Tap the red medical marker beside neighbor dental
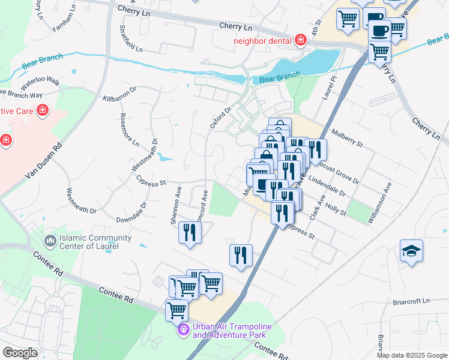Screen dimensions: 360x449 pos(301,41)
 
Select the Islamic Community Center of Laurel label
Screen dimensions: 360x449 pos(89,242)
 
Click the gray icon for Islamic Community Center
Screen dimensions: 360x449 pos(50,241)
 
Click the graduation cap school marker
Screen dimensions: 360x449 pos(412,250)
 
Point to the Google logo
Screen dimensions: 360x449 pos(20,352)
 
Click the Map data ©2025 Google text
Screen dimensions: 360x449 pos(411,355)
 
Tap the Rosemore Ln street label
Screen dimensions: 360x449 pos(129,130)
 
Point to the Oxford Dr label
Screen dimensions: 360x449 pos(220,118)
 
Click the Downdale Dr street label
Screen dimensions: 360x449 pos(131,214)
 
